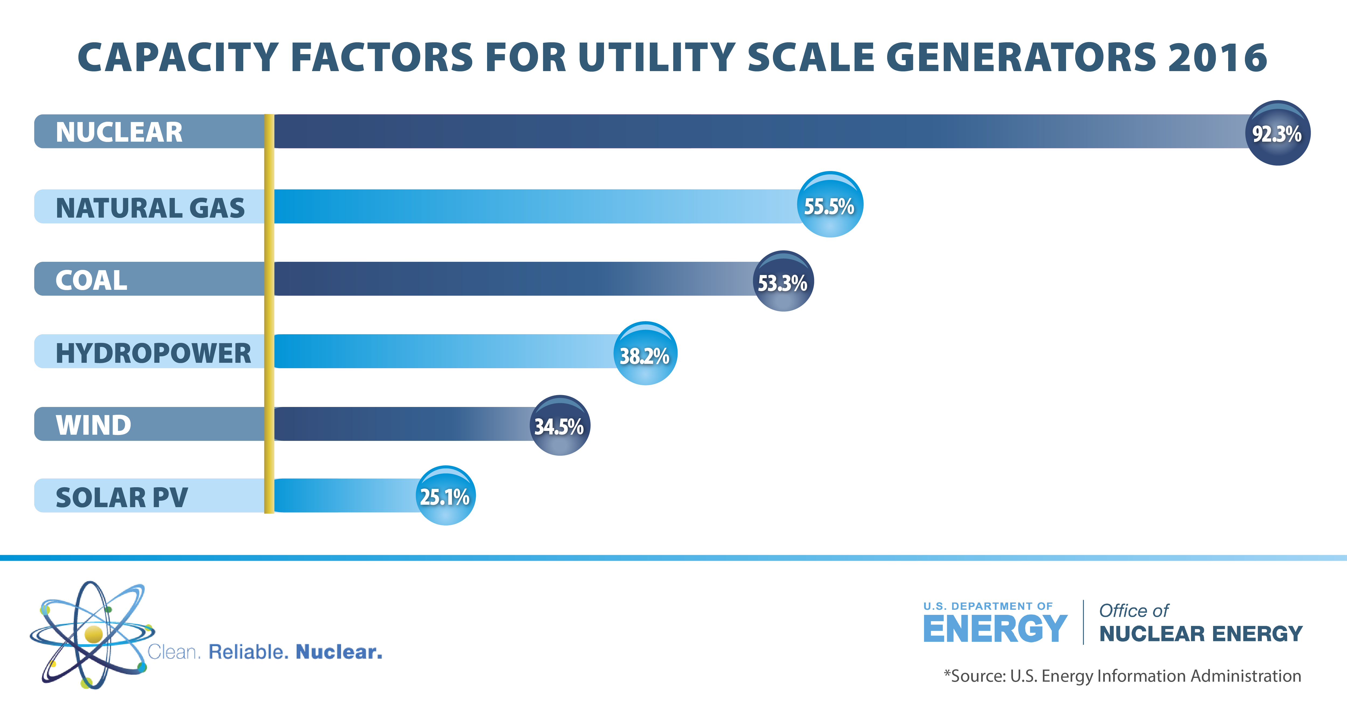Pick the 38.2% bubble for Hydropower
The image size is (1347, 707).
(x=645, y=354)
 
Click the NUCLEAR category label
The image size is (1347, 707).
(x=119, y=132)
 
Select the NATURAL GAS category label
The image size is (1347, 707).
(x=150, y=208)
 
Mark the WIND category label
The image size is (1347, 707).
(x=93, y=425)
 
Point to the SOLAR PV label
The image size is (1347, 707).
(x=121, y=497)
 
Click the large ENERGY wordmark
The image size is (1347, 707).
(x=995, y=629)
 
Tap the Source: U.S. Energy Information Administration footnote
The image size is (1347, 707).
(x=1122, y=676)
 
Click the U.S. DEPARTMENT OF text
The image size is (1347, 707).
(x=988, y=606)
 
